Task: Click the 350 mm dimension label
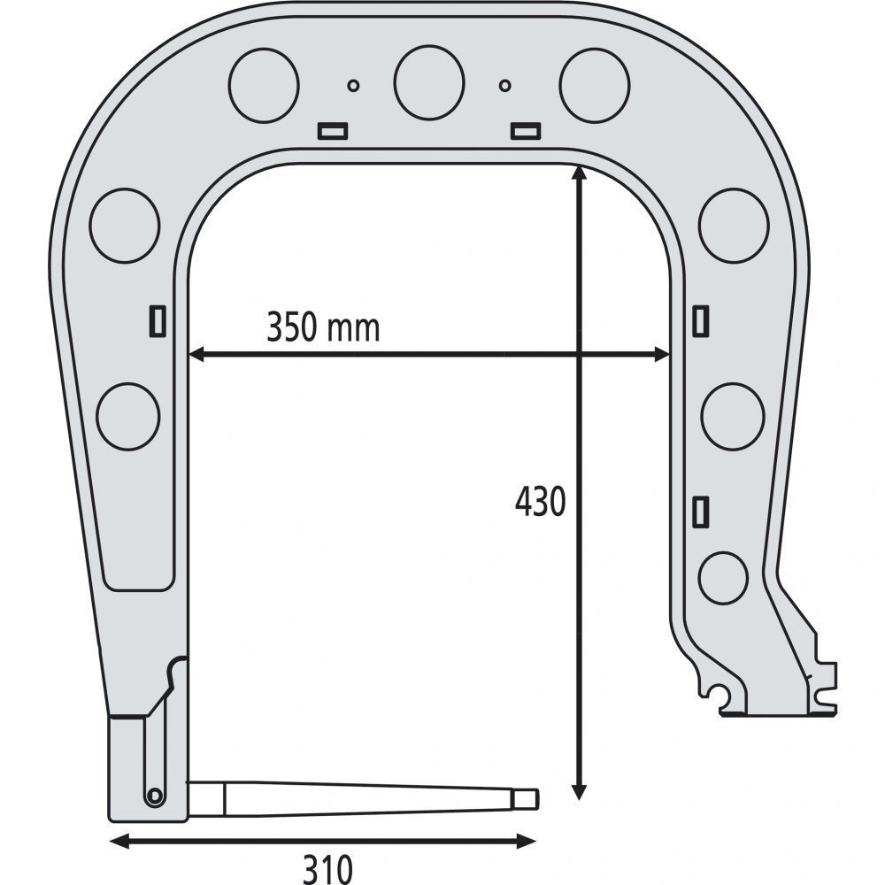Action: point(323,327)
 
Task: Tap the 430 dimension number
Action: point(540,501)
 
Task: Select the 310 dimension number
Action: point(328,869)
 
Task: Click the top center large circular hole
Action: point(429,83)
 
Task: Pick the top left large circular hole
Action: point(264,85)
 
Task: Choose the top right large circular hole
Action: point(595,85)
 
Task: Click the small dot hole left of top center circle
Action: point(353,86)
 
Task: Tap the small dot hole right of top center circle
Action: point(505,86)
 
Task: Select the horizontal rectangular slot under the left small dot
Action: point(333,131)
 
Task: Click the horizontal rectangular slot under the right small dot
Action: point(526,131)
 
